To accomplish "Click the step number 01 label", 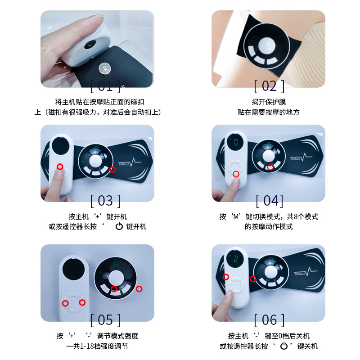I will pyautogui.click(x=105, y=85).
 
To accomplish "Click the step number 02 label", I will pyautogui.click(x=269, y=85).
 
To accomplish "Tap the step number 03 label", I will pyautogui.click(x=105, y=200).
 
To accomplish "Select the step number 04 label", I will pyautogui.click(x=269, y=200).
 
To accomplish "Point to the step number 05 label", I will pyautogui.click(x=105, y=320).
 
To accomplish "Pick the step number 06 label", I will pyautogui.click(x=269, y=320).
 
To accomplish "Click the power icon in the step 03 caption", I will pyautogui.click(x=119, y=226).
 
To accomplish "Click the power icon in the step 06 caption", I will pyautogui.click(x=283, y=346).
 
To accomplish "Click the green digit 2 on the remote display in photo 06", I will pyautogui.click(x=234, y=260).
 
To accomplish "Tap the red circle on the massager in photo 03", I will pyautogui.click(x=113, y=170).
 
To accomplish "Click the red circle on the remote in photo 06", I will pyautogui.click(x=226, y=277).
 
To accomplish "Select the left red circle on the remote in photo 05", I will pyautogui.click(x=65, y=303).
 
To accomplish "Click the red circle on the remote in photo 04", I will pyautogui.click(x=236, y=173).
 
